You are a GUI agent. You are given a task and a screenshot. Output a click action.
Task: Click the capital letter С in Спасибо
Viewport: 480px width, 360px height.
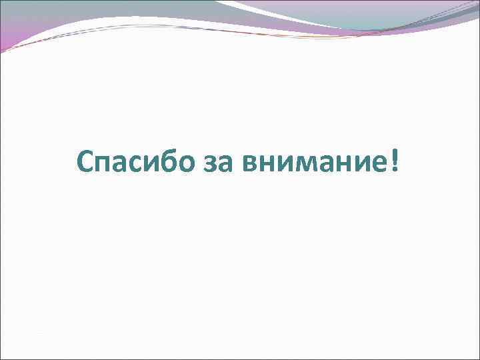tap(86, 160)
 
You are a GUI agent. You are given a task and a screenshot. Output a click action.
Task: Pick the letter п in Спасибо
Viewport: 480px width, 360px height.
tap(105, 163)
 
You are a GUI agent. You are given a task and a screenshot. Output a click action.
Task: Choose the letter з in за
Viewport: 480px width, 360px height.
tap(214, 163)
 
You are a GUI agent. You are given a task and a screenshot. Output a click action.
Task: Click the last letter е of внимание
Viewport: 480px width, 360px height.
tap(382, 163)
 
